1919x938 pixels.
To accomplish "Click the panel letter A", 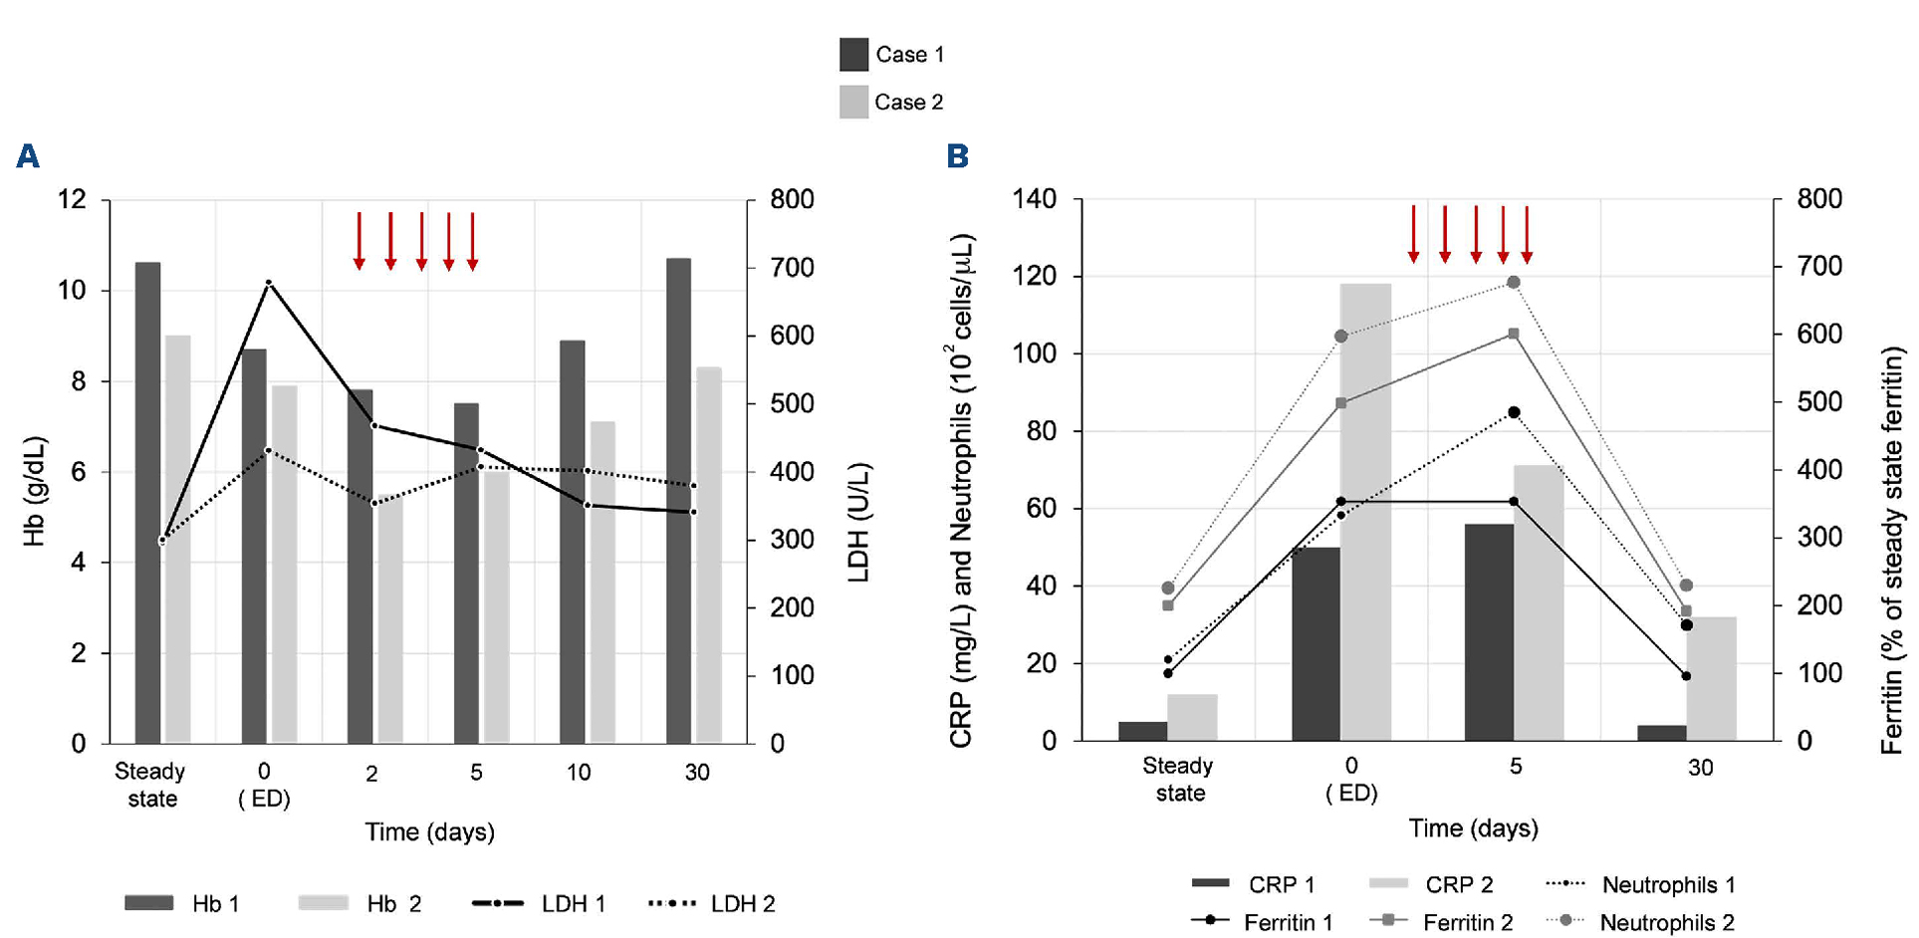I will pos(28,156).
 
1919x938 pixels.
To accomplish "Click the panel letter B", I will pos(957,156).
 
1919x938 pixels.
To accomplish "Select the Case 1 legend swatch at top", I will pos(853,55).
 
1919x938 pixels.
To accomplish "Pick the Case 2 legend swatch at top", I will pos(853,103).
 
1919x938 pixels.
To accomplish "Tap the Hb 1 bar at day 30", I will pos(679,498).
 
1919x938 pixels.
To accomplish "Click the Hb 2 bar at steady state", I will pos(178,538).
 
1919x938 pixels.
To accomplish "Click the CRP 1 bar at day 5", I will pos(1489,632).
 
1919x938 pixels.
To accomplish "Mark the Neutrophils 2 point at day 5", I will pos(1514,283).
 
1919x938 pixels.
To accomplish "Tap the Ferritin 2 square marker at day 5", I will pos(1514,335).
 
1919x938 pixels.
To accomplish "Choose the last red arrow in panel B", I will pos(1527,235).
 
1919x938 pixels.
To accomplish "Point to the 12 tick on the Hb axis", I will pos(73,199).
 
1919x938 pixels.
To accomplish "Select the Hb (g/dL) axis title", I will pos(35,491).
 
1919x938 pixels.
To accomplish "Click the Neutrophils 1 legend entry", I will pos(1640,884).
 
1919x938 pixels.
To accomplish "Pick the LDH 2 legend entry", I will pos(712,904).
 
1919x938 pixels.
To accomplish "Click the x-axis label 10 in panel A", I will pos(579,772).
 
